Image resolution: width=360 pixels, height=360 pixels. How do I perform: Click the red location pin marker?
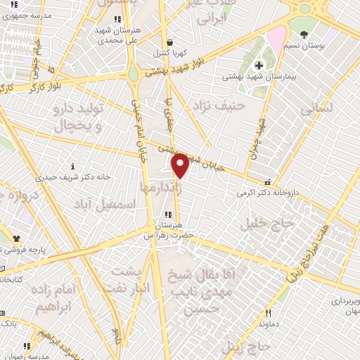181,165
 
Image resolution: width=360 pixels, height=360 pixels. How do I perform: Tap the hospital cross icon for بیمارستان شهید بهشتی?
259,65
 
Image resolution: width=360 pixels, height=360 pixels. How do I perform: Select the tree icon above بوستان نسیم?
304,33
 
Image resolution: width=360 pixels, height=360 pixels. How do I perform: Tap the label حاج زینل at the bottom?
246,346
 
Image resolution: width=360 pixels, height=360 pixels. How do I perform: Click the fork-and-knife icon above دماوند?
266,313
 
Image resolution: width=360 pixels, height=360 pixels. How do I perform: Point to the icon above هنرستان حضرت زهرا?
168,214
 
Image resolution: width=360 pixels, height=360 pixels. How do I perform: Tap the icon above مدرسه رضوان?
27,346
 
